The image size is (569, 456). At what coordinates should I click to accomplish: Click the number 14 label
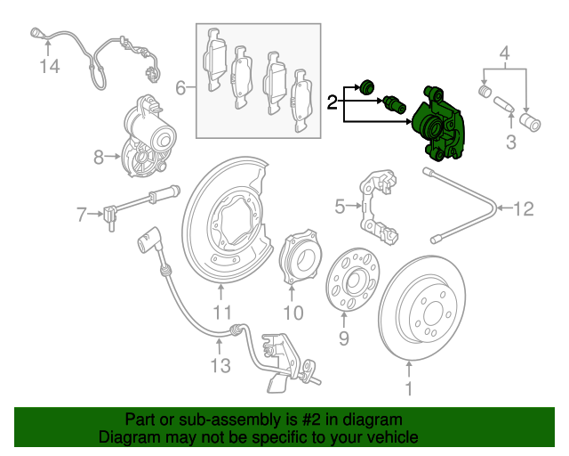[x=49, y=66]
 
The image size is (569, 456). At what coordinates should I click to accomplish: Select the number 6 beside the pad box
[x=180, y=88]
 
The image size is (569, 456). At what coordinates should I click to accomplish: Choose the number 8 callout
[x=99, y=159]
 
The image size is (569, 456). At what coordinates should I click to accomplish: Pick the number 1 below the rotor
[x=409, y=389]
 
